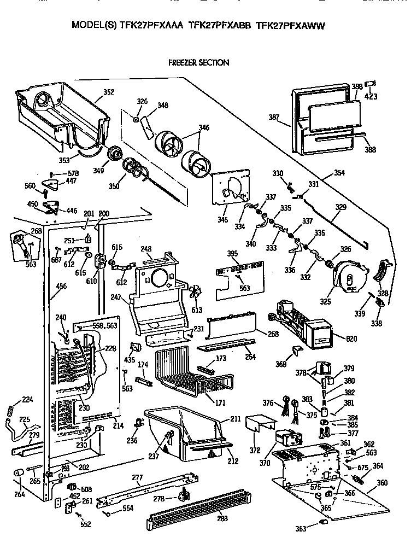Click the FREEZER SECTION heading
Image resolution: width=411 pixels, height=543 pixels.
(199, 62)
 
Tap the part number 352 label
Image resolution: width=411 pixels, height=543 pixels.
(108, 92)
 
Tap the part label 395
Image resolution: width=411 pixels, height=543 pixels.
(232, 254)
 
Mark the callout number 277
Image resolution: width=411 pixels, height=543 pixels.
(138, 478)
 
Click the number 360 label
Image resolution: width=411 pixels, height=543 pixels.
(382, 483)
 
